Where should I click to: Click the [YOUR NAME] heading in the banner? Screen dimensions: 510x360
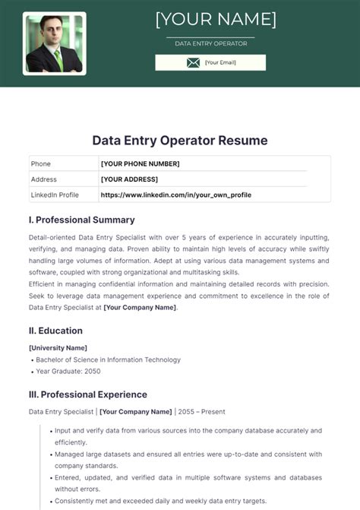216,18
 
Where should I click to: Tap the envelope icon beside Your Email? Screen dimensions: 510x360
193,62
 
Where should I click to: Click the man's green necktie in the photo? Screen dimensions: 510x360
58,59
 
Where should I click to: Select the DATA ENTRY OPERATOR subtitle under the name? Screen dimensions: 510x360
210,43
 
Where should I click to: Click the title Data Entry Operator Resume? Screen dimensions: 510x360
180,141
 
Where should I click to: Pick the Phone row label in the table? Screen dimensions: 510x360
40,163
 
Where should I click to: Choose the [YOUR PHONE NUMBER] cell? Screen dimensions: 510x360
140,163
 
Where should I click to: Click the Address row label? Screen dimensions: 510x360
43,179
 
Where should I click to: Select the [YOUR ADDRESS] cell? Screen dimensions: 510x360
129,179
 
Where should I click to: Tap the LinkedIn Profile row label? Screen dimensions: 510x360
55,195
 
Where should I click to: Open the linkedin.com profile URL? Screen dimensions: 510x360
175,195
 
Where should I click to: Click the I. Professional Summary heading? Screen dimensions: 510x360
81,220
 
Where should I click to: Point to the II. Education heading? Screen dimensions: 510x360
55,331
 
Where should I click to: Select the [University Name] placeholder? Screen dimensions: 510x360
58,347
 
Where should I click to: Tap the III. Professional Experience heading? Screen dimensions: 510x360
87,394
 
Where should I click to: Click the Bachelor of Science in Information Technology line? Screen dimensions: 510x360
108,360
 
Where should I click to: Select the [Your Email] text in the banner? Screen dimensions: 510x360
220,62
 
